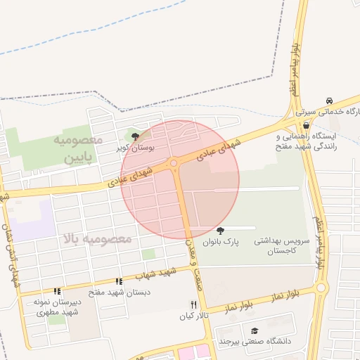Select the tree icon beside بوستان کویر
coord(135,136)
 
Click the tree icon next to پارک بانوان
coord(221,231)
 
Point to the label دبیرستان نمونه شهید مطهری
coord(57,307)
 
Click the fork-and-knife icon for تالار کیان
coord(193,304)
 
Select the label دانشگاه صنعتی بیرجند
coord(254,342)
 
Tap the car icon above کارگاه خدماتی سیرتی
coord(330,101)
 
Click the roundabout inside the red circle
coord(173,165)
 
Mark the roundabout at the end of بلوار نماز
coord(321,287)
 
